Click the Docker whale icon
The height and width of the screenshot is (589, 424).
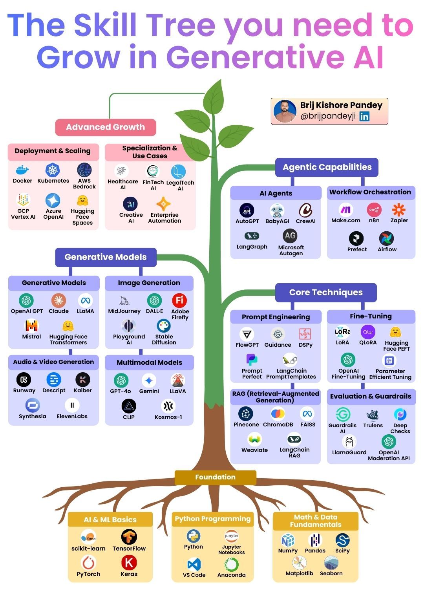click(22, 170)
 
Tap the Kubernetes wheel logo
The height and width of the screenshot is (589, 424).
click(53, 170)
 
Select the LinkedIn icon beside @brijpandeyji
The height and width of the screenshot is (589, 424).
click(364, 116)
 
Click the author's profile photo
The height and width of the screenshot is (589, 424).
click(285, 111)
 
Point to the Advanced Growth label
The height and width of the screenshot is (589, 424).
click(105, 127)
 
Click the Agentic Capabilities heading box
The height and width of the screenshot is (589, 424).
click(327, 167)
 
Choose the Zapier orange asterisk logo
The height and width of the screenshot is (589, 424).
click(398, 210)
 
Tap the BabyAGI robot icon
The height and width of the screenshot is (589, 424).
click(277, 211)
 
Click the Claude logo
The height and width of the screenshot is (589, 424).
click(58, 301)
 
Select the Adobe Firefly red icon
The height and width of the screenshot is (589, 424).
click(179, 300)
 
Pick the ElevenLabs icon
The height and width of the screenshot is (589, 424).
click(72, 405)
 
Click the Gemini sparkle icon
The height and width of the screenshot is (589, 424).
click(149, 380)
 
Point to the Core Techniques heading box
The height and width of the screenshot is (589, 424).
click(326, 293)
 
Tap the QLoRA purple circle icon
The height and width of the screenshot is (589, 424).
click(368, 332)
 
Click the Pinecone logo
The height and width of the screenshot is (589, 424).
click(246, 413)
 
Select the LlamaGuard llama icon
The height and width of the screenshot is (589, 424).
click(349, 442)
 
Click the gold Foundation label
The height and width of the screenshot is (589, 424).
click(215, 477)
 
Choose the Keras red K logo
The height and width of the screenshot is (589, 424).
click(129, 562)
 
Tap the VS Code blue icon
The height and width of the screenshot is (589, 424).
click(194, 564)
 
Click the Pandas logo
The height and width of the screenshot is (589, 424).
click(315, 540)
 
